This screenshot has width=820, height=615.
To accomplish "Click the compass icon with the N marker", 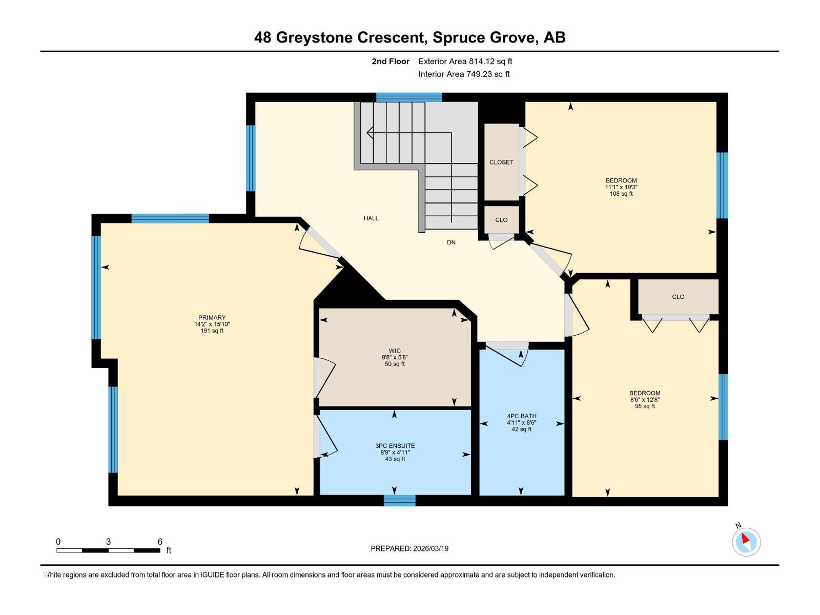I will (746, 542).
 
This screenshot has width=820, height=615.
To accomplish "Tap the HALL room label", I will (371, 218).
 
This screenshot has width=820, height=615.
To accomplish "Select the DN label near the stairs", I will (451, 242).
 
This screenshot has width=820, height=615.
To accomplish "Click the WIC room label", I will (395, 351).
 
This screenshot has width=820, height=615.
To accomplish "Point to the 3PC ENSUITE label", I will (395, 446).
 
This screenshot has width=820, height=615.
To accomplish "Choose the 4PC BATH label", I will (522, 416).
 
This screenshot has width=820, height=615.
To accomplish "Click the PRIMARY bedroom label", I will (212, 318).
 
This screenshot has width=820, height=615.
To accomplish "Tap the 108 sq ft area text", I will (621, 194).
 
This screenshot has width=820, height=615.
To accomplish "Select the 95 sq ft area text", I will (645, 406).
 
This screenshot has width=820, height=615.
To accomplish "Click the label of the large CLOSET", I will (501, 162).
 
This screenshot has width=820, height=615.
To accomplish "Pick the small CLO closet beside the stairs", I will (501, 220).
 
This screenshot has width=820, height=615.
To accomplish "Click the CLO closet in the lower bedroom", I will (678, 297).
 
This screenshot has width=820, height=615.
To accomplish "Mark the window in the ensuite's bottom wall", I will (399, 501).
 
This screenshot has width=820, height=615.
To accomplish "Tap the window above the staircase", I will (409, 97).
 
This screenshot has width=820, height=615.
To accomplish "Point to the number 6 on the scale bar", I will (160, 542).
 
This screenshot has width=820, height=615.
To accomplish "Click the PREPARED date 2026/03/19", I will (429, 548).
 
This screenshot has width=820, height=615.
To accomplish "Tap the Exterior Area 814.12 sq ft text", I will (465, 61).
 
